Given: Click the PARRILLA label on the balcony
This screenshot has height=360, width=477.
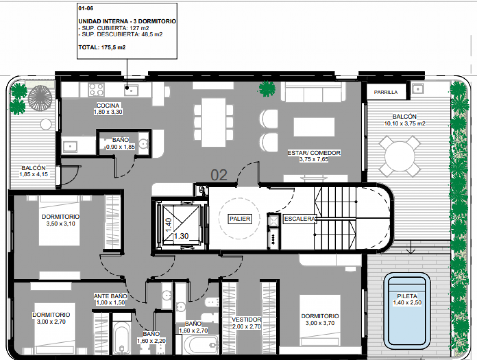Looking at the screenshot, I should tap(386, 92).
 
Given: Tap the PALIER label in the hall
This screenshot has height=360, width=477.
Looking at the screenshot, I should tap(239, 219).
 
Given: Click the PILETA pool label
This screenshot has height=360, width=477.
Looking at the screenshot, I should tap(407, 296).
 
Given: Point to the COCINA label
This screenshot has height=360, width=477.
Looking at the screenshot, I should tap(108, 105).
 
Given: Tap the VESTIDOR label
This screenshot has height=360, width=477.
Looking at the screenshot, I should tap(247, 319).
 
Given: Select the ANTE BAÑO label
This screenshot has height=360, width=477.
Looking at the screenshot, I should tap(110, 296).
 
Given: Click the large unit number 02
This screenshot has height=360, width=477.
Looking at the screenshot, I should tap(219, 175).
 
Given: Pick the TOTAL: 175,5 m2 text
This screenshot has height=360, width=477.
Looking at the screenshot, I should tap(102, 48).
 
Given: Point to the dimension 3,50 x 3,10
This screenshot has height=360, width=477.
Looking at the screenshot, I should tap(61, 224).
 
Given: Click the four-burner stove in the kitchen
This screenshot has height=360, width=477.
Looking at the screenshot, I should tap(96, 90).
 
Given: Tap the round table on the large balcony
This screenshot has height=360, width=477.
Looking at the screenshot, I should tap(400, 156).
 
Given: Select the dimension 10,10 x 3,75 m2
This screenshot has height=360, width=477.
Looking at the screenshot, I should tap(404, 123).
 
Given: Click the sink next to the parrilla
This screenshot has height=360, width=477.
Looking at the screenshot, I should tap(418, 89).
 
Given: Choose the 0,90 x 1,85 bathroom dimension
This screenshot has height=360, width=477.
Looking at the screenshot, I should tap(120, 147).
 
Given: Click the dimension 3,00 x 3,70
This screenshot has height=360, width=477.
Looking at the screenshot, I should tap(320, 323).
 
